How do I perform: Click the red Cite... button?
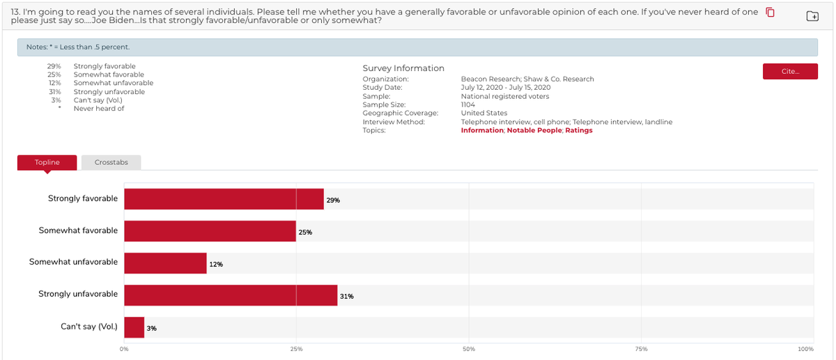point(790,71)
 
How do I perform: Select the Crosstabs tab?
point(111,162)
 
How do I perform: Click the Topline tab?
point(47,162)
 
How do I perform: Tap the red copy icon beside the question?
point(770,13)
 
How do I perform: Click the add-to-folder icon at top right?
point(812,16)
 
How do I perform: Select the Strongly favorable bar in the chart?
point(224,199)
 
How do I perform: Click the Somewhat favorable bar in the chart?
point(210,231)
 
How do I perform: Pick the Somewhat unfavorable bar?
point(165,263)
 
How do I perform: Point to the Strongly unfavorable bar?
point(231,295)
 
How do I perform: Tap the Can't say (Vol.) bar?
point(134,327)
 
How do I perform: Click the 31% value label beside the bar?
point(346,296)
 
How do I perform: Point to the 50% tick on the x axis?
point(469,349)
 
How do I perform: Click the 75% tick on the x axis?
point(641,349)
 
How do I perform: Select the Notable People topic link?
point(534,130)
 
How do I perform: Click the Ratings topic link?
point(578,130)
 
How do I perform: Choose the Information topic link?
point(481,130)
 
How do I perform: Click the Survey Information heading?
point(403,68)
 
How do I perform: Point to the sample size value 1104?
point(468,104)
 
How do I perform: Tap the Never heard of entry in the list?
point(99,109)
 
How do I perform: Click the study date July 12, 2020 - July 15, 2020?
point(505,88)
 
